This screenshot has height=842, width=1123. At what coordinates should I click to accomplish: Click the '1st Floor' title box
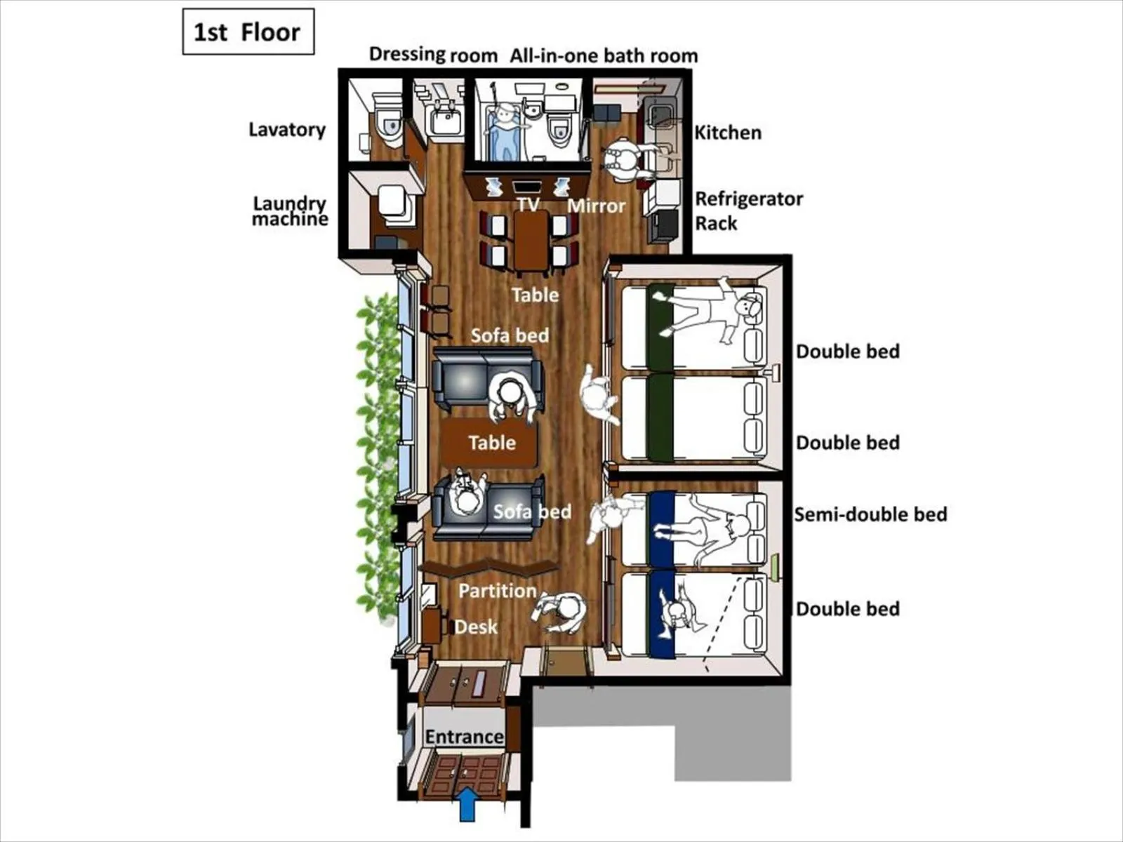248,32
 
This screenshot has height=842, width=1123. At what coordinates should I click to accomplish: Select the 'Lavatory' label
287,130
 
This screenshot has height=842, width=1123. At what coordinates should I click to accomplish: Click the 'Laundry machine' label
290,211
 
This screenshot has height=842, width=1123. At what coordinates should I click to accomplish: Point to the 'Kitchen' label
728,133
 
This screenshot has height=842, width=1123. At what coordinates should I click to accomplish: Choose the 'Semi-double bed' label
870,514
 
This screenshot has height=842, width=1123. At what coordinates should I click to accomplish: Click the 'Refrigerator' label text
748,199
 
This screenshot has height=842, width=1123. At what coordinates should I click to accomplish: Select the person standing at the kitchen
623,160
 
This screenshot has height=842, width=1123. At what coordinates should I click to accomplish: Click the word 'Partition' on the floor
497,591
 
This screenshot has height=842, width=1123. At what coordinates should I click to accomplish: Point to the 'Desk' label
475,627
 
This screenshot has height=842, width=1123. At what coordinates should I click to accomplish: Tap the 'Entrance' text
464,737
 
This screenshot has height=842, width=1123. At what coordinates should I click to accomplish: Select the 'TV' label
528,204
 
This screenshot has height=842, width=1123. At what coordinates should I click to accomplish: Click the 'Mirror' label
596,206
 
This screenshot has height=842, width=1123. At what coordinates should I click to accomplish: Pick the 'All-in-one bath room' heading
604,55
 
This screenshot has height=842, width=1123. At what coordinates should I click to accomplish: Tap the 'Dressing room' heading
433,54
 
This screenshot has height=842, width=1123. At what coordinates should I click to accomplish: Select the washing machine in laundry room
392,202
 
